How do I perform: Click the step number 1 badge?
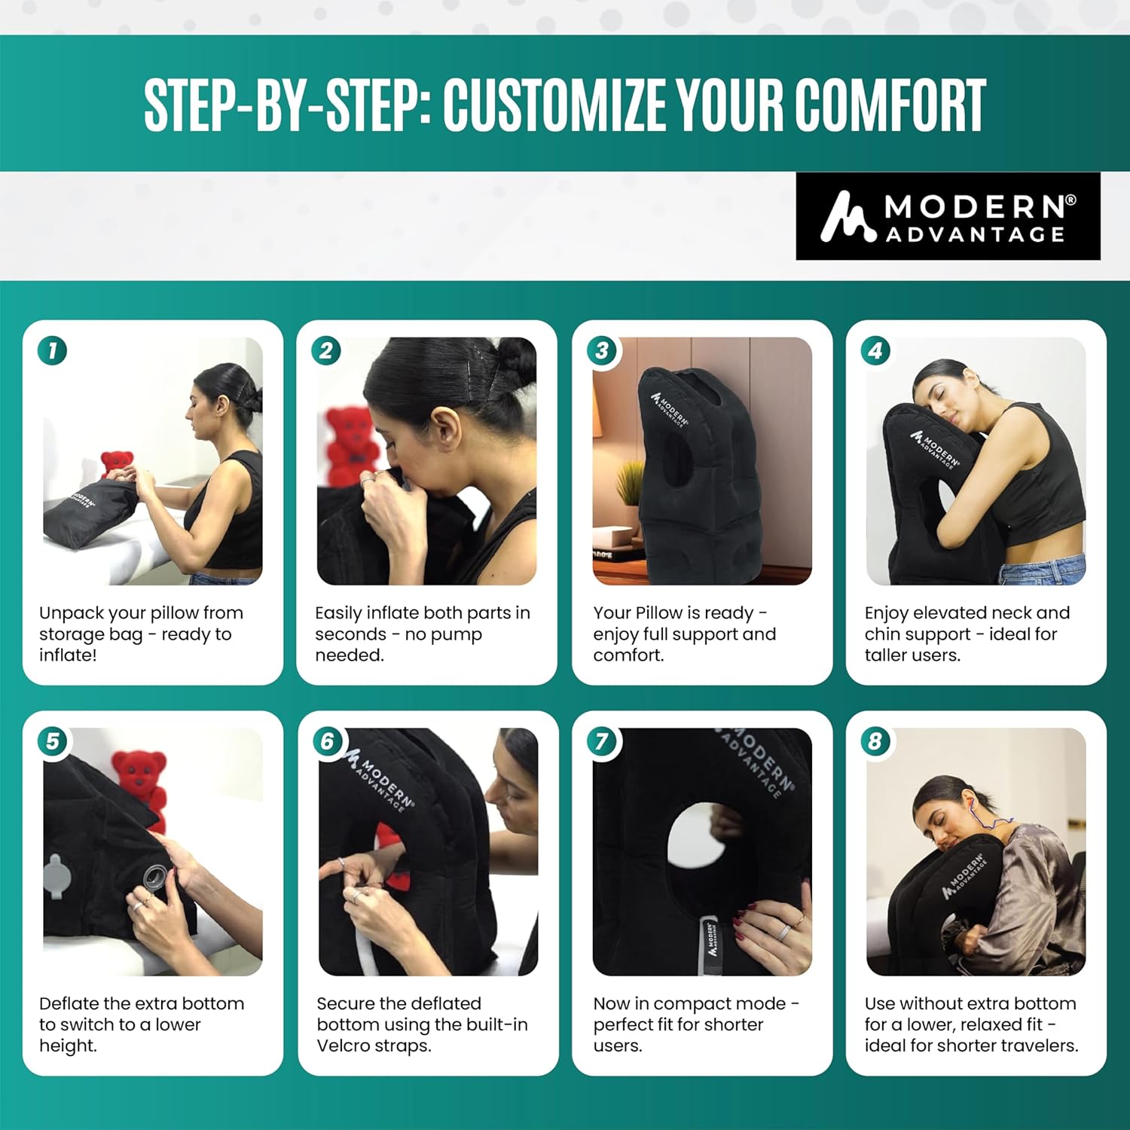(x=52, y=350)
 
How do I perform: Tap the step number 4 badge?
(x=875, y=350)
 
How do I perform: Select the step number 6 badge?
(x=327, y=741)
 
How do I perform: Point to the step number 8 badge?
(x=875, y=741)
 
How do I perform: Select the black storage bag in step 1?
(x=87, y=514)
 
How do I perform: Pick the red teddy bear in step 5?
(x=141, y=783)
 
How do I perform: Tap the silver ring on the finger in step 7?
(x=784, y=933)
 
